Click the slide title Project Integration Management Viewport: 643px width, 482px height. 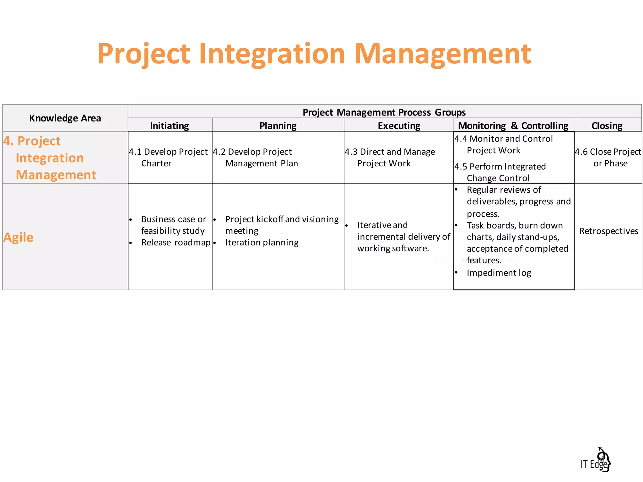coord(314,54)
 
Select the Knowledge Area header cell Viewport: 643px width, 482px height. coord(65,118)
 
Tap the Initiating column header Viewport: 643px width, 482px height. coord(170,126)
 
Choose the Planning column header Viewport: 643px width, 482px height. coord(278,126)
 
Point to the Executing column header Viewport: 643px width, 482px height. coord(399,126)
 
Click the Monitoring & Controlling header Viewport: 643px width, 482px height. coord(513,126)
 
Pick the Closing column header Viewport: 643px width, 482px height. coord(607,126)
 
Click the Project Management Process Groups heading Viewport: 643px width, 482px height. coord(384,112)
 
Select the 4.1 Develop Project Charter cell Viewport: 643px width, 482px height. coord(168,158)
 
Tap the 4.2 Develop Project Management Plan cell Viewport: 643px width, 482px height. coord(256,158)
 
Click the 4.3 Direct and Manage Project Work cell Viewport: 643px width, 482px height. coord(390,158)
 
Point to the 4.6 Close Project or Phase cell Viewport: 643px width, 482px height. coord(608,158)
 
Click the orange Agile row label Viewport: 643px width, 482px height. coord(18,237)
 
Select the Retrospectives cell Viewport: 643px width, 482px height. coord(608,231)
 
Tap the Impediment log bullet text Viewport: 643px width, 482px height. coord(499,273)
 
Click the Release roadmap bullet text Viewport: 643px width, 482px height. coord(176,243)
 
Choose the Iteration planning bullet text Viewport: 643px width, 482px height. coord(262,243)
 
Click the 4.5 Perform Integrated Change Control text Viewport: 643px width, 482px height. coord(500,172)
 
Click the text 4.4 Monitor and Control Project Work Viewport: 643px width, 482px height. coord(504,144)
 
